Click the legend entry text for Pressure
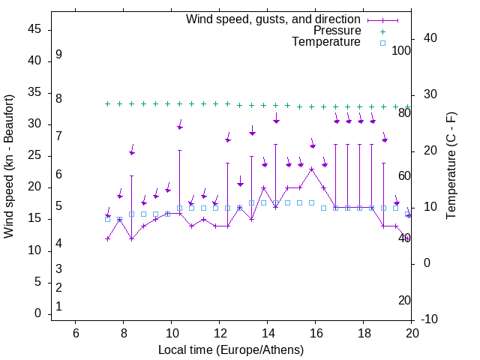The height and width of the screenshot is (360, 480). coord(337,31)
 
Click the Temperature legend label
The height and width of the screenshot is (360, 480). coord(326,42)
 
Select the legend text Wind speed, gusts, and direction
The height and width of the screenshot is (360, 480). coord(274,19)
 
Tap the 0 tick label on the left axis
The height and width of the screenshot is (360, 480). coord(38,313)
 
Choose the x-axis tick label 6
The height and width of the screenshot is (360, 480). coord(75,334)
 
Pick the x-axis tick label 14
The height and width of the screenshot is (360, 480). coord(267,334)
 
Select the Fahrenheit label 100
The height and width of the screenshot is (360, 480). coord(401,50)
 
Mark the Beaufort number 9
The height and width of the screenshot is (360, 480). coord(58,55)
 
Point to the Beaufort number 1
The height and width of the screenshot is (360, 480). coord(58,306)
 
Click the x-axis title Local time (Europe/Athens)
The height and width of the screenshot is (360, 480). coord(231,349)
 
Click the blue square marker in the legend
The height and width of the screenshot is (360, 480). coord(382,43)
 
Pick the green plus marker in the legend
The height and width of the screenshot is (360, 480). coord(382,31)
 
